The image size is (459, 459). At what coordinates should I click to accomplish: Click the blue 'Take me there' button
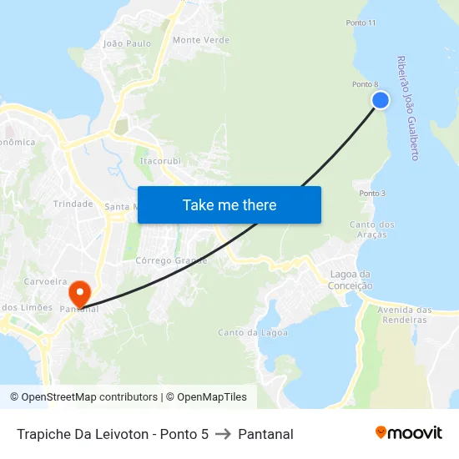click(229, 204)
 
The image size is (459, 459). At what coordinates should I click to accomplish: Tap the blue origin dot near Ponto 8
click(381, 100)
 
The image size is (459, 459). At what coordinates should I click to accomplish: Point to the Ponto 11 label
click(360, 23)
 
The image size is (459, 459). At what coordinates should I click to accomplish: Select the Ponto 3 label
click(372, 194)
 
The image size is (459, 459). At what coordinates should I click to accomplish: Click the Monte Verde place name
click(201, 40)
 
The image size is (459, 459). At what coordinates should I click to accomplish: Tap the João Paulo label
click(126, 43)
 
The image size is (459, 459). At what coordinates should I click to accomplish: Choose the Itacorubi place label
click(160, 160)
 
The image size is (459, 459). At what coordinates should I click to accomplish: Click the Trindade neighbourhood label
click(73, 204)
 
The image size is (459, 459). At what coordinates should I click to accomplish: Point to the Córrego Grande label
click(171, 260)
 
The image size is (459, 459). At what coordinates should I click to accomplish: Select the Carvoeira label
click(45, 282)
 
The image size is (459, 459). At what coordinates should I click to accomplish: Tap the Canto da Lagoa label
click(253, 332)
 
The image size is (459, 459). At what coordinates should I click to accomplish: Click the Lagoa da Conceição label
click(351, 280)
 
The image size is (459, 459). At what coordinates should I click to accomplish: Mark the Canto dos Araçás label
click(372, 229)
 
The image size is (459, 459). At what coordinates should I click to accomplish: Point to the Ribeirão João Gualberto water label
click(408, 108)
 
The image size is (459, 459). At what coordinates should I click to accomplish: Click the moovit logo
click(409, 432)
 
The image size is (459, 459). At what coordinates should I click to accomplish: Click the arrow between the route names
click(223, 434)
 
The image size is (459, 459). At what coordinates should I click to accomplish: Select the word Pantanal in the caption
click(265, 434)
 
